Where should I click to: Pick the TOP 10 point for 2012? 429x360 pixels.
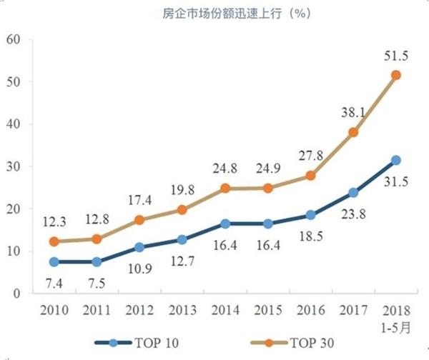[x=139, y=247]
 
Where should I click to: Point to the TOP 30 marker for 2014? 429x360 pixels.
[x=225, y=189]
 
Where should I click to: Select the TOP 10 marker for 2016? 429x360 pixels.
[x=310, y=215]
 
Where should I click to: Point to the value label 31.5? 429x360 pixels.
[x=395, y=183]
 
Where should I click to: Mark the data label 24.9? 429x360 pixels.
[x=267, y=169]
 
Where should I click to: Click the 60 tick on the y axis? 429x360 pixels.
[x=14, y=39]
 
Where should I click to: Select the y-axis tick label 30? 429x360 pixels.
[x=14, y=166]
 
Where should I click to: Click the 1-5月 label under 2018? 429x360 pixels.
[x=396, y=327]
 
